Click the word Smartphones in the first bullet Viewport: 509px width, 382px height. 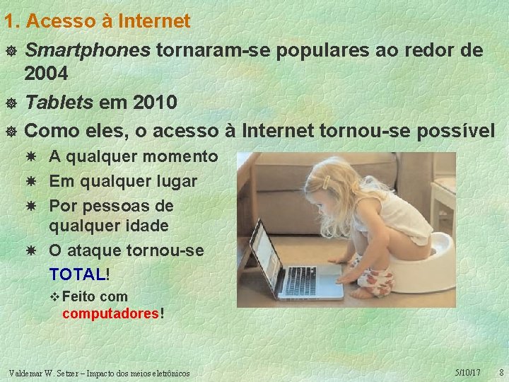tap(87, 50)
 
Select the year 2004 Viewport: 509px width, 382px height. tap(47, 73)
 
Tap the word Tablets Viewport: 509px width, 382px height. tap(59, 103)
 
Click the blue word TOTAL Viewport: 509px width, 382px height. tap(77, 274)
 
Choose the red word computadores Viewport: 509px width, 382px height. tap(110, 313)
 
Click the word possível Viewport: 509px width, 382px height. tap(457, 131)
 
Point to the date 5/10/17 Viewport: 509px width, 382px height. tap(468, 372)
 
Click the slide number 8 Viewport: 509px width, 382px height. tap(501, 372)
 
